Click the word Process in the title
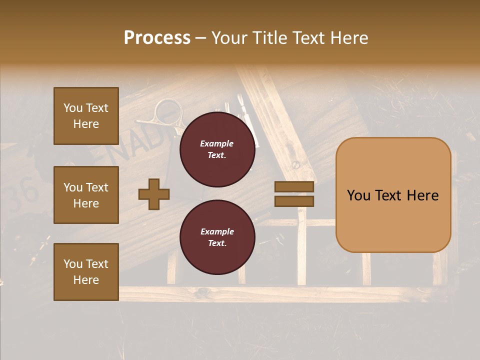[x=157, y=38]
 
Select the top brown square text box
[x=86, y=116]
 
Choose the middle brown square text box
[x=86, y=195]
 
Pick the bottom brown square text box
[x=86, y=271]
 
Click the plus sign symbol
[x=154, y=194]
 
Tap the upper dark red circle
[x=217, y=149]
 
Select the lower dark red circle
[x=217, y=237]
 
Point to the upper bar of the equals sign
[x=294, y=187]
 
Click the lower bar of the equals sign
[x=294, y=201]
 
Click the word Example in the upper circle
[x=217, y=143]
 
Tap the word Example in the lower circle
[x=217, y=231]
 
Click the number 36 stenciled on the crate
[x=26, y=192]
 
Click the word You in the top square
[x=73, y=108]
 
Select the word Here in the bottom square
[x=86, y=280]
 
